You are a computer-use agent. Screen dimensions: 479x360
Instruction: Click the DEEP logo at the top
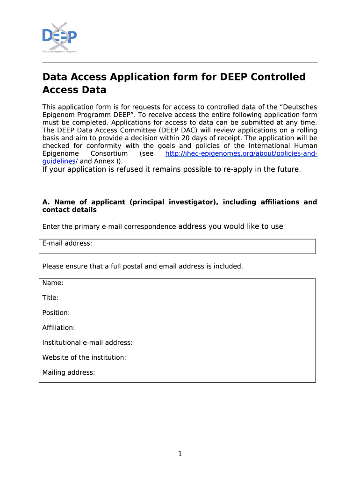coord(59,36)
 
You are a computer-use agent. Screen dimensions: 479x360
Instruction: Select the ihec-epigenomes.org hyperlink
coord(241,154)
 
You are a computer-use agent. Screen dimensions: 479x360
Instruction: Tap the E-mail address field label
coord(67,243)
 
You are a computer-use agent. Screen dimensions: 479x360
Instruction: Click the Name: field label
coord(53,283)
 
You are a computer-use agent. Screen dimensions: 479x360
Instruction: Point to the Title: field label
coord(50,298)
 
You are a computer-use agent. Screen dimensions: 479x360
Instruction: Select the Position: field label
coord(56,312)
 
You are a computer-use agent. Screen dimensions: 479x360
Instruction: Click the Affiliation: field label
coord(58,327)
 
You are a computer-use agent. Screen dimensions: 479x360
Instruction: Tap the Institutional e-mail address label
coord(87,342)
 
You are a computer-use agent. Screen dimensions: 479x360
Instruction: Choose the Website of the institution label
coord(84,357)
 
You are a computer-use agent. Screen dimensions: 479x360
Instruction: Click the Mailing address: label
coord(69,372)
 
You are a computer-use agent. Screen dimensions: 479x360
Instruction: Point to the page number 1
coord(180,454)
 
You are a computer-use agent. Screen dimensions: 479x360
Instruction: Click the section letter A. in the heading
coord(46,202)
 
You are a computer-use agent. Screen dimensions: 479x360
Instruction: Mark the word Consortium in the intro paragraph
coord(109,154)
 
